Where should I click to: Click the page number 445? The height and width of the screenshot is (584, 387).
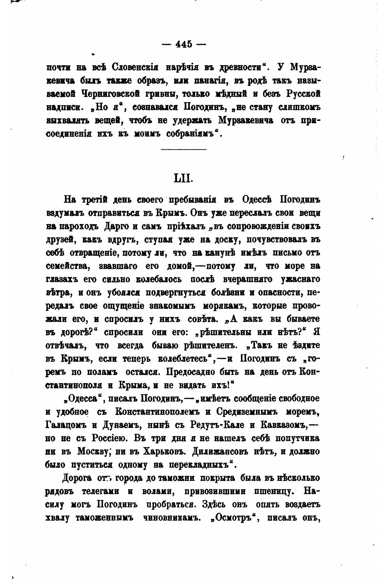pos(183,44)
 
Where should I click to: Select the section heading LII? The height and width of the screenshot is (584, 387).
pos(183,178)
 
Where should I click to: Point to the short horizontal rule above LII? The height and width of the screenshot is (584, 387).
pos(183,149)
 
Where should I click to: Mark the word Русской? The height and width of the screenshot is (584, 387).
pos(303,93)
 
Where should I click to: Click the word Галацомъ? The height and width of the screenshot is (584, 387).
pos(65,425)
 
